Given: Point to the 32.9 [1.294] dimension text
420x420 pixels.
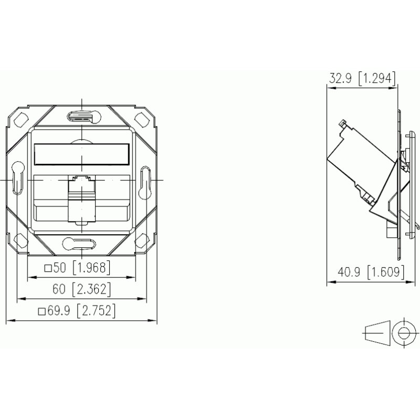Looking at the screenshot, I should click(362, 79).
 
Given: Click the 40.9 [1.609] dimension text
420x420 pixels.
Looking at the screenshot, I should click(371, 272).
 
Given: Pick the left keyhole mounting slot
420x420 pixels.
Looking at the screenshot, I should click(17, 179).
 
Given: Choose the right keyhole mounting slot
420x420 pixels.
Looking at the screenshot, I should click(146, 179).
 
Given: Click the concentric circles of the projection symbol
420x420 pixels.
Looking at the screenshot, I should click(404, 332).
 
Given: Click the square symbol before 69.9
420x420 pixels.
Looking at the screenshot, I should click(41, 311).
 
